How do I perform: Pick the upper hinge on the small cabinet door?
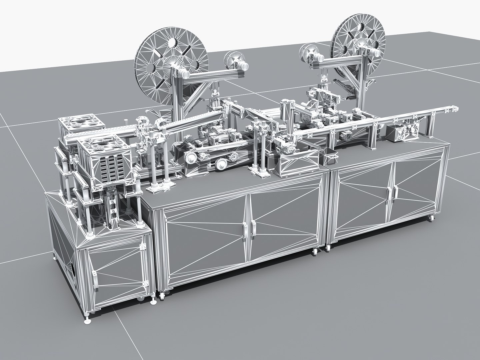(x=144, y=247)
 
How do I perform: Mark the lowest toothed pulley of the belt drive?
(x=220, y=164)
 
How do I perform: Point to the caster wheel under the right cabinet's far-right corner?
(x=432, y=218)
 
